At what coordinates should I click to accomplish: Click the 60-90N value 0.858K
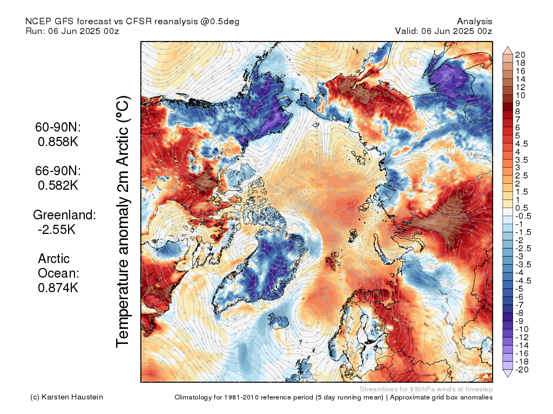(58, 142)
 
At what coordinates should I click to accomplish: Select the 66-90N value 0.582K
(58, 185)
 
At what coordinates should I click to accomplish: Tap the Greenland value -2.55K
(56, 230)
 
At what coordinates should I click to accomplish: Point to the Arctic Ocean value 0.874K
(58, 288)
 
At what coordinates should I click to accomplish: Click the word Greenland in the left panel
(64, 215)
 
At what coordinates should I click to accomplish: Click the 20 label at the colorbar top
(520, 55)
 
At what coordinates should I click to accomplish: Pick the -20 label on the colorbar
(522, 370)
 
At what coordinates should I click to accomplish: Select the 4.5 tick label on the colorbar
(522, 144)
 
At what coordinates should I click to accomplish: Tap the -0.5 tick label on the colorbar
(523, 216)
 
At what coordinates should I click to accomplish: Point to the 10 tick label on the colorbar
(520, 95)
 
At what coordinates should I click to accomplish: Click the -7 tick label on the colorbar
(520, 305)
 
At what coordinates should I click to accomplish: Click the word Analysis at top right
(475, 22)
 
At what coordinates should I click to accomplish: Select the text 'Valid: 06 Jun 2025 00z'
(444, 31)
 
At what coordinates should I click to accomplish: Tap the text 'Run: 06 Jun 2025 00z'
(72, 31)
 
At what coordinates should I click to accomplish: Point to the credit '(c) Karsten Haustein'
(66, 397)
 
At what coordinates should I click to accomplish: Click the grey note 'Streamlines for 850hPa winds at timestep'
(426, 389)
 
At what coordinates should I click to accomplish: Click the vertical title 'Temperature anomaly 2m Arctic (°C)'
(123, 222)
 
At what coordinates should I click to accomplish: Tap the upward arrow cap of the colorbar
(508, 50)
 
